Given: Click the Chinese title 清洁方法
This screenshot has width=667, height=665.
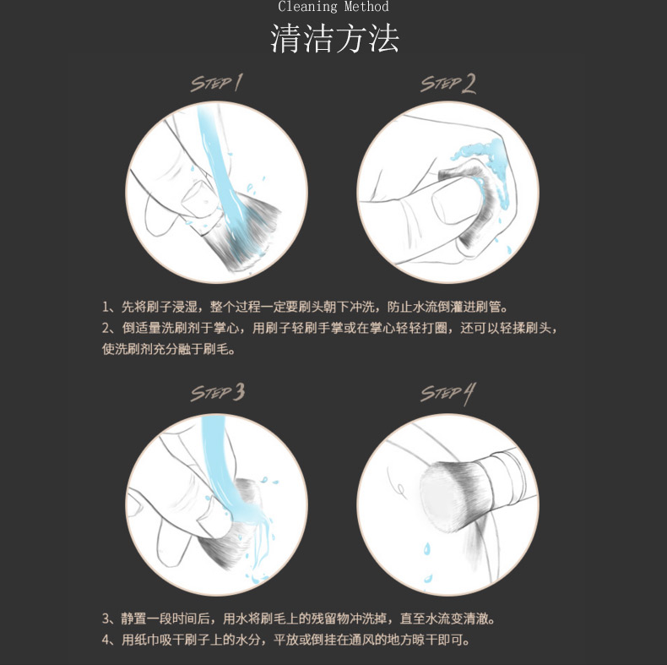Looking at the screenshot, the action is pyautogui.click(x=334, y=38).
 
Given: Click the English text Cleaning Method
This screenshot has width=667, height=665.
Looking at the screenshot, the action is pyautogui.click(x=333, y=7).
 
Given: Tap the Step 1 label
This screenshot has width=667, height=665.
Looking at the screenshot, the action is pyautogui.click(x=216, y=83).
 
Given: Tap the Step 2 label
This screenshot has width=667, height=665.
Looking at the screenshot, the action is pyautogui.click(x=448, y=84).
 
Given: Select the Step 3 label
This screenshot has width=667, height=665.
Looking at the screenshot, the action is pyautogui.click(x=217, y=392).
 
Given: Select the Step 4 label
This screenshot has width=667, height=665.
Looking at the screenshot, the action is pyautogui.click(x=448, y=394).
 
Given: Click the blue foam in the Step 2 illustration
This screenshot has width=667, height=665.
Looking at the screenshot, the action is pyautogui.click(x=489, y=171).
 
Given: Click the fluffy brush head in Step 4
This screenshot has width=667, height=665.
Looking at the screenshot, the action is pyautogui.click(x=453, y=496).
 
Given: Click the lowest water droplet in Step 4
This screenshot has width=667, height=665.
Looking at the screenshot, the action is pyautogui.click(x=428, y=579).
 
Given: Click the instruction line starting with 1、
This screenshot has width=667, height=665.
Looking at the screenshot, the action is pyautogui.click(x=305, y=307).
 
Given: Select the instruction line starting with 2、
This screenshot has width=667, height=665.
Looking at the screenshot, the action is pyautogui.click(x=329, y=328).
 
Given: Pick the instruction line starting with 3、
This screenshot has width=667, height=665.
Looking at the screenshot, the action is pyautogui.click(x=298, y=619).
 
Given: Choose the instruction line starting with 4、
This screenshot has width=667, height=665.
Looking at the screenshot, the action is pyautogui.click(x=286, y=640).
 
